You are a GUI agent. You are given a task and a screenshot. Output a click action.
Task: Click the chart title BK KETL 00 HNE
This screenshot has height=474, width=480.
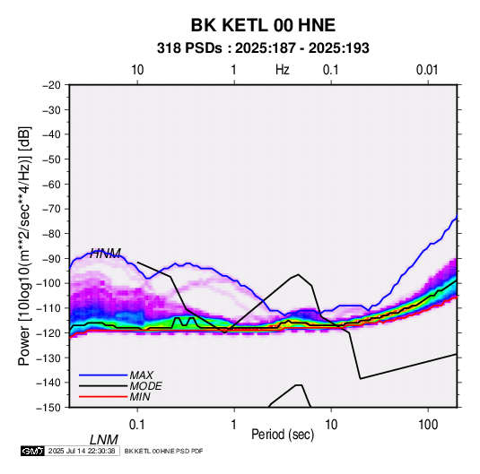pyautogui.click(x=263, y=25)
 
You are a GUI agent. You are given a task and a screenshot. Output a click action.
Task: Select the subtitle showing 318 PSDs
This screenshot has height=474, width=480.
pyautogui.click(x=263, y=48)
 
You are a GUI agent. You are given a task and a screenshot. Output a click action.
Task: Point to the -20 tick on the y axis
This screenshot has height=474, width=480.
pyautogui.click(x=51, y=85)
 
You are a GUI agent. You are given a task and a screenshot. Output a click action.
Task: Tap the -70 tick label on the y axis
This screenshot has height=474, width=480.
pyautogui.click(x=51, y=209)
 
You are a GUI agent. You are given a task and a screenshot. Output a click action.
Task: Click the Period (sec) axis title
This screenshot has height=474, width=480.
pyautogui.click(x=283, y=435)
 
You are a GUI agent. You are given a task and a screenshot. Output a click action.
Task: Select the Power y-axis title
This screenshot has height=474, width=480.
pyautogui.click(x=24, y=246)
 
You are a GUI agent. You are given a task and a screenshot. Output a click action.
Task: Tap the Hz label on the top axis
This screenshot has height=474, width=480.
pyautogui.click(x=283, y=70)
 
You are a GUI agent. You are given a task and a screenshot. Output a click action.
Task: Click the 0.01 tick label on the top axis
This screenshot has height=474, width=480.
pyautogui.click(x=427, y=70)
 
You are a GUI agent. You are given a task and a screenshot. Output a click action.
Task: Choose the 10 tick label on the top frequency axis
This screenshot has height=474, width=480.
pyautogui.click(x=137, y=70)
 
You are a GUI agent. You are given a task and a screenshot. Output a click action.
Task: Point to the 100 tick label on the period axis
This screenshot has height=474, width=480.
pyautogui.click(x=428, y=425)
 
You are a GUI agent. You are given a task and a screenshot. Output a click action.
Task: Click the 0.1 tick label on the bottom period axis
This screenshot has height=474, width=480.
pyautogui.click(x=137, y=425)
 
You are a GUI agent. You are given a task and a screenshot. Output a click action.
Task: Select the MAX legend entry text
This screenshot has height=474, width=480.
pyautogui.click(x=141, y=375)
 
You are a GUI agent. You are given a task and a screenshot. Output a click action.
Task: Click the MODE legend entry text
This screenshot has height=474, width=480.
pyautogui.click(x=145, y=386)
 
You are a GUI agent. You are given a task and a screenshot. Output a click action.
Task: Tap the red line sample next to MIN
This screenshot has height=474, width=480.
pyautogui.click(x=103, y=397)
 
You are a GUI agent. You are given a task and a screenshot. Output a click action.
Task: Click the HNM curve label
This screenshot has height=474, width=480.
pyautogui.click(x=105, y=254)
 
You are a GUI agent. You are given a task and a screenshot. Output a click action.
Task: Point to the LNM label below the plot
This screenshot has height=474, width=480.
pyautogui.click(x=104, y=440)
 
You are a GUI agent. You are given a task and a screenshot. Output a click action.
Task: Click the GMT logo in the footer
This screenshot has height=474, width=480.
pyautogui.click(x=33, y=451)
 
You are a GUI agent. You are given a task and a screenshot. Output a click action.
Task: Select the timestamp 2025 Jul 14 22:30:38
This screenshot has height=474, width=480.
pyautogui.click(x=82, y=451)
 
